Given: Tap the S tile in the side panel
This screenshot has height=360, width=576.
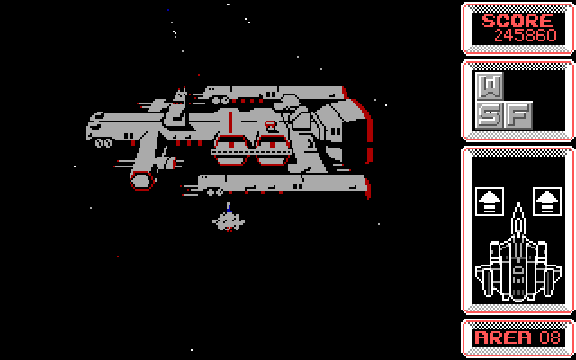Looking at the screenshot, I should click(x=489, y=114).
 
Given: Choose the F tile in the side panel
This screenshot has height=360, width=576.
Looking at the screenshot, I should click(x=517, y=114).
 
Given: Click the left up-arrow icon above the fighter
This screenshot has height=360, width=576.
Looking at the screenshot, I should click(x=489, y=201).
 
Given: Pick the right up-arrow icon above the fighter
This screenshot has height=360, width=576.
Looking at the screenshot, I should click(x=544, y=201).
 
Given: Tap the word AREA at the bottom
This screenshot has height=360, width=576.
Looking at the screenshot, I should click(x=505, y=337).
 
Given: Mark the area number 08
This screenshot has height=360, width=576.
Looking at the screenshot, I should click(x=549, y=337).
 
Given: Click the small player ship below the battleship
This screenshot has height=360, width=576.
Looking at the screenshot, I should click(x=228, y=219).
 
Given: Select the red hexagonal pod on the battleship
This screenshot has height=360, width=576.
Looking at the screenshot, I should click(x=141, y=178).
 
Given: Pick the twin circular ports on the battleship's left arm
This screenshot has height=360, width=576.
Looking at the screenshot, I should click(x=102, y=142).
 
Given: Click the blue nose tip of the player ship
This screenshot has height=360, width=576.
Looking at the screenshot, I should click(x=229, y=207).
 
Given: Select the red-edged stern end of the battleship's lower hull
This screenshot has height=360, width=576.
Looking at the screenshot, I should click(x=364, y=187).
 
